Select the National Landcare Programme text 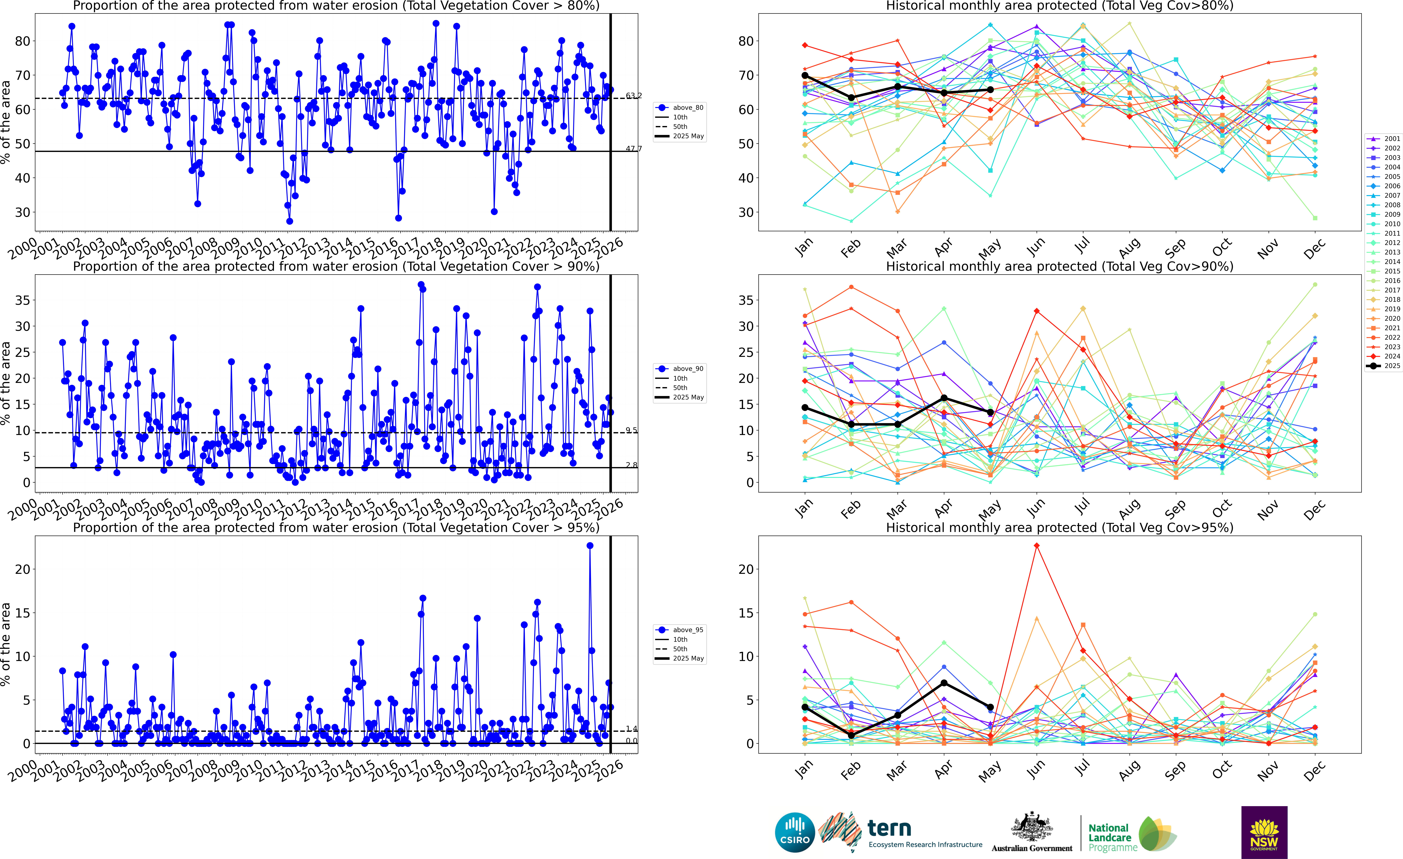coord(1108,837)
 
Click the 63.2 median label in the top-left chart coord(633,96)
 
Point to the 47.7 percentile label coord(633,149)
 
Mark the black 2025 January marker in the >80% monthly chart coord(805,75)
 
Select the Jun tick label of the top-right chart coord(1036,246)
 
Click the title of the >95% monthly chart coord(1059,527)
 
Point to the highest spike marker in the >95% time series coord(590,546)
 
